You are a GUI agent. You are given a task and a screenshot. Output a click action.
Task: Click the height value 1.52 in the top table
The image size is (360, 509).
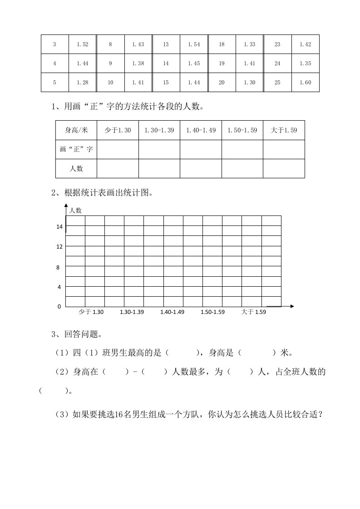83,44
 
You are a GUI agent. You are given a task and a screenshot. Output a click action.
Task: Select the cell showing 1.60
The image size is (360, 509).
306,83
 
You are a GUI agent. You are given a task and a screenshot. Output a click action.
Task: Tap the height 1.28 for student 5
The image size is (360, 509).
83,83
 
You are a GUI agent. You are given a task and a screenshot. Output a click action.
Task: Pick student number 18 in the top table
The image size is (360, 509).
222,44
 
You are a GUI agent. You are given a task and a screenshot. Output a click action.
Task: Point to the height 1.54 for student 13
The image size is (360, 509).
194,44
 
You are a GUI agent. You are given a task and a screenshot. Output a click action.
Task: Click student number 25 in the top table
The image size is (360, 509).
277,83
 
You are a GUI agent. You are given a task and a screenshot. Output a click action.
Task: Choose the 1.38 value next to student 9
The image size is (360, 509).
138,64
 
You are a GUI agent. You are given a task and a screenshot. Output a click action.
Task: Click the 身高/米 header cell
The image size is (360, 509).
76,130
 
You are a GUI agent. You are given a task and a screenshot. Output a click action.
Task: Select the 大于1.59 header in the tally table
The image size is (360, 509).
284,130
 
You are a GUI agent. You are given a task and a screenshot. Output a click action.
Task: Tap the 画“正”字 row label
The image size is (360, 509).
76,149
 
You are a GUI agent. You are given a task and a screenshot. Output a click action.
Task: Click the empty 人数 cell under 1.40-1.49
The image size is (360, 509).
201,168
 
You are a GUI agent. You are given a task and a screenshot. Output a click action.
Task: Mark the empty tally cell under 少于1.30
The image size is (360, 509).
118,149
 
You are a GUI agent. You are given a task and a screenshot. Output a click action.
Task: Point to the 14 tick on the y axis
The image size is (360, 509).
59,227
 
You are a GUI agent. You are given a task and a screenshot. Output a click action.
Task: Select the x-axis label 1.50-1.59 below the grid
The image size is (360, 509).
213,312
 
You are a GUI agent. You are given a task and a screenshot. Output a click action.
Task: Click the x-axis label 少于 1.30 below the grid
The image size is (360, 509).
91,312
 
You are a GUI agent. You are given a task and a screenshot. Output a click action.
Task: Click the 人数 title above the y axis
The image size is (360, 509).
75,210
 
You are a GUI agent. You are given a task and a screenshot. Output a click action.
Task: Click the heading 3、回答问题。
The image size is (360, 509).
77,335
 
